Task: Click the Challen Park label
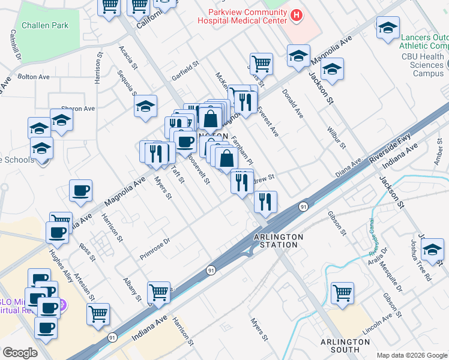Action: (x=45, y=26)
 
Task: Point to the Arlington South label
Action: (x=345, y=346)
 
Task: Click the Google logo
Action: (x=20, y=353)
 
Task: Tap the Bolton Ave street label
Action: (x=34, y=77)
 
